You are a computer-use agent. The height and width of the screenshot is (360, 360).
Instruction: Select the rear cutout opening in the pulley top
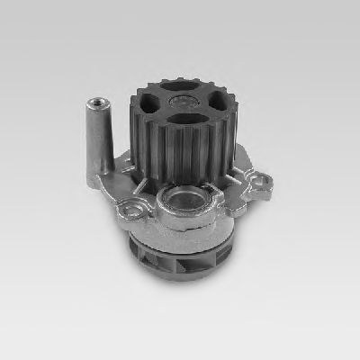click(x=185, y=85)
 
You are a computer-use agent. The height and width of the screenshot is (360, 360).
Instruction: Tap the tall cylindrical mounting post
click(x=98, y=135)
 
